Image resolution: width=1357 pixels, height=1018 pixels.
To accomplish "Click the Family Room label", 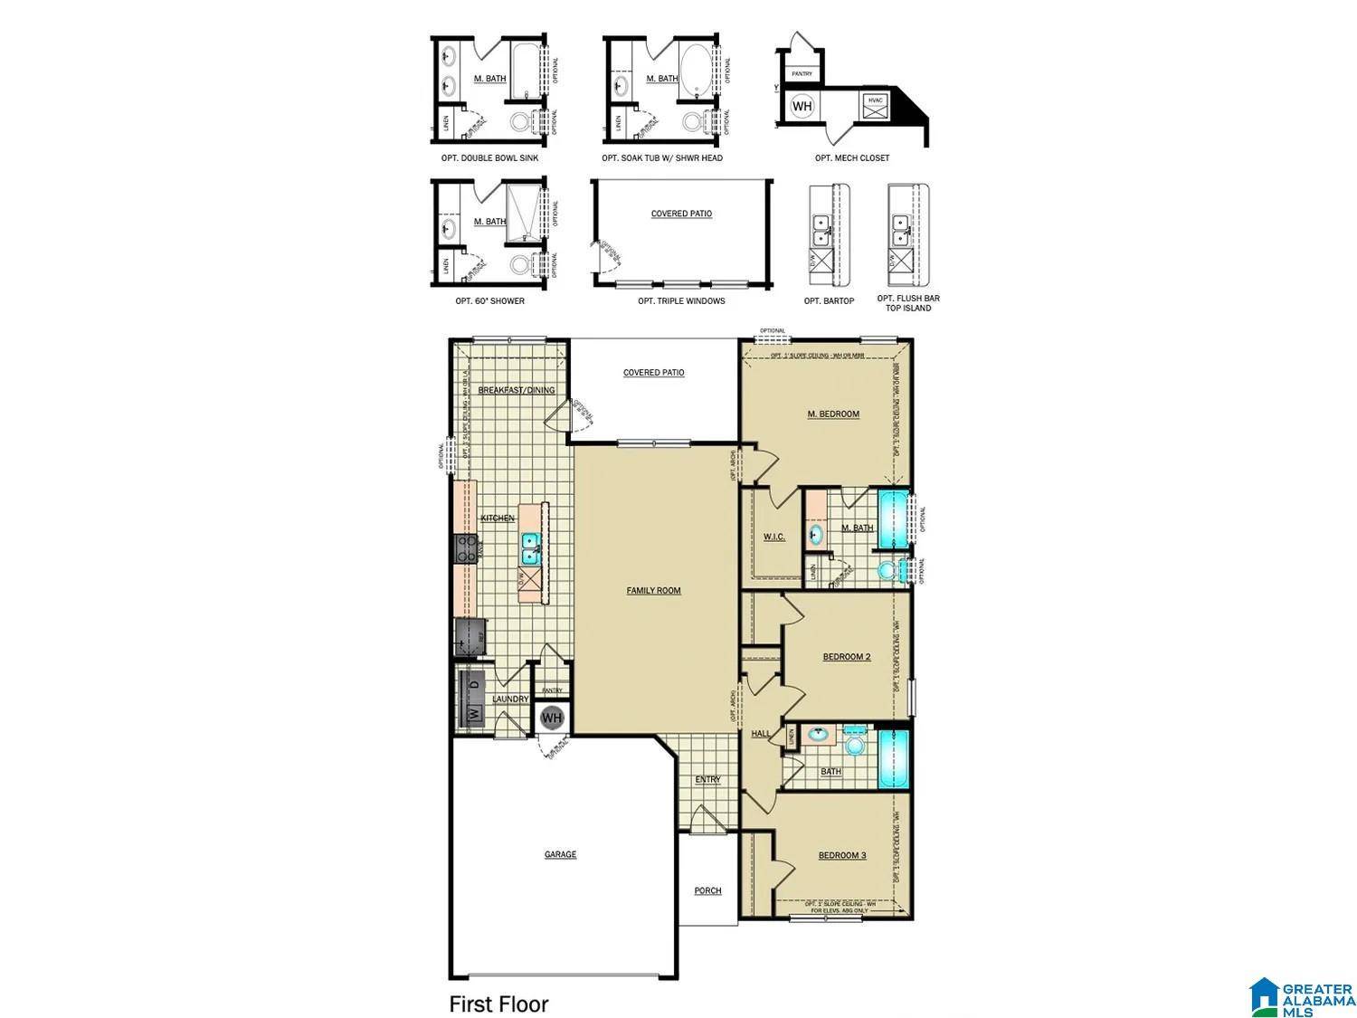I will tap(653, 591).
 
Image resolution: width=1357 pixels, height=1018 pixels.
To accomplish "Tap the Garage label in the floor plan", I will tap(560, 854).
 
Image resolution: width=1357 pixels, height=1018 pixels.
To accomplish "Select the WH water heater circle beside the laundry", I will tap(552, 718).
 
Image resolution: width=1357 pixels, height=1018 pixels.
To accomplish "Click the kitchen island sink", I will tap(530, 544).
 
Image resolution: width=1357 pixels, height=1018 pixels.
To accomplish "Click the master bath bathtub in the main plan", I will tap(893, 520).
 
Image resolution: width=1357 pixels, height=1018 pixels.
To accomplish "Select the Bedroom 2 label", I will tap(846, 657).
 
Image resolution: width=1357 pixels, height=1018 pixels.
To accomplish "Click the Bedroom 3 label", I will tap(842, 855).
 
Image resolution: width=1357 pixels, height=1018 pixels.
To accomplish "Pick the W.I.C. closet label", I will tap(773, 537).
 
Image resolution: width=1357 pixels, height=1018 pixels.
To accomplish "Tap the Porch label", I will tap(707, 891).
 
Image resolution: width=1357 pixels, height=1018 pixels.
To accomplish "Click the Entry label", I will tap(707, 780).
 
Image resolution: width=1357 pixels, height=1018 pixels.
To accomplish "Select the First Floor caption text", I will tap(498, 1004).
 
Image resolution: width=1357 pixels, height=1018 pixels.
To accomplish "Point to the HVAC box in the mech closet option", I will tap(875, 106).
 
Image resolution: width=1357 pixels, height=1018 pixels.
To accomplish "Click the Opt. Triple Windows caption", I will tap(681, 301).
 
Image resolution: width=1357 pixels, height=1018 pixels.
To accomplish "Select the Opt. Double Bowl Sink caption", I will tap(489, 158).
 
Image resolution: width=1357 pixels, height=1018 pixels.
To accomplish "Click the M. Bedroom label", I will tap(833, 414).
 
